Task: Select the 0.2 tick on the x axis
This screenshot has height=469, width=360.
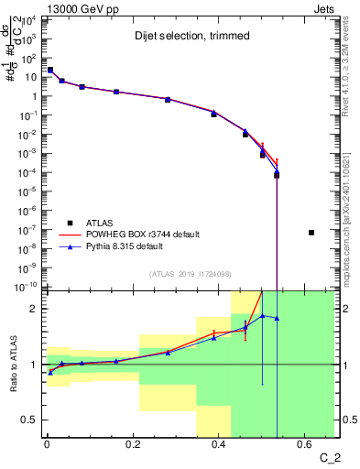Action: coord(133,445)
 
